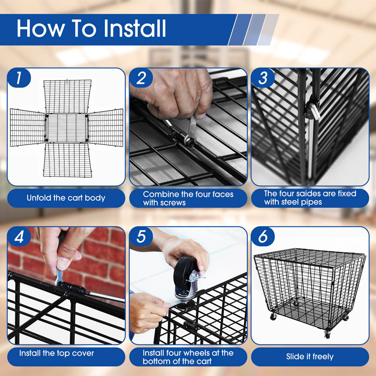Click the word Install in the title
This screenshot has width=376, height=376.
[x=135, y=28]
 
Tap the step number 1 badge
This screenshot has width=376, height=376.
[x=19, y=78]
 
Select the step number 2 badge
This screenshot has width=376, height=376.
[x=141, y=78]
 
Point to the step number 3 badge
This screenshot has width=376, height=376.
[x=263, y=78]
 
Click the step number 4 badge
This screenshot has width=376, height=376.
[x=19, y=237]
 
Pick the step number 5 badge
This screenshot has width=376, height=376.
[x=141, y=237]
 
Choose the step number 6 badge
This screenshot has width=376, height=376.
[x=263, y=237]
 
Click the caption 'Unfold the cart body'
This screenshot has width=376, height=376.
[x=66, y=198]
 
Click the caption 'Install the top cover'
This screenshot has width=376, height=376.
[x=56, y=353]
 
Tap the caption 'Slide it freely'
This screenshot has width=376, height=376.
[x=310, y=357]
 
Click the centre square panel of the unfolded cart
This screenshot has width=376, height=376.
[x=67, y=128]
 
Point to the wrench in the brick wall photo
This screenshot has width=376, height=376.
[x=59, y=277]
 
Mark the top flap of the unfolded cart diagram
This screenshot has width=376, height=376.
[x=67, y=96]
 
